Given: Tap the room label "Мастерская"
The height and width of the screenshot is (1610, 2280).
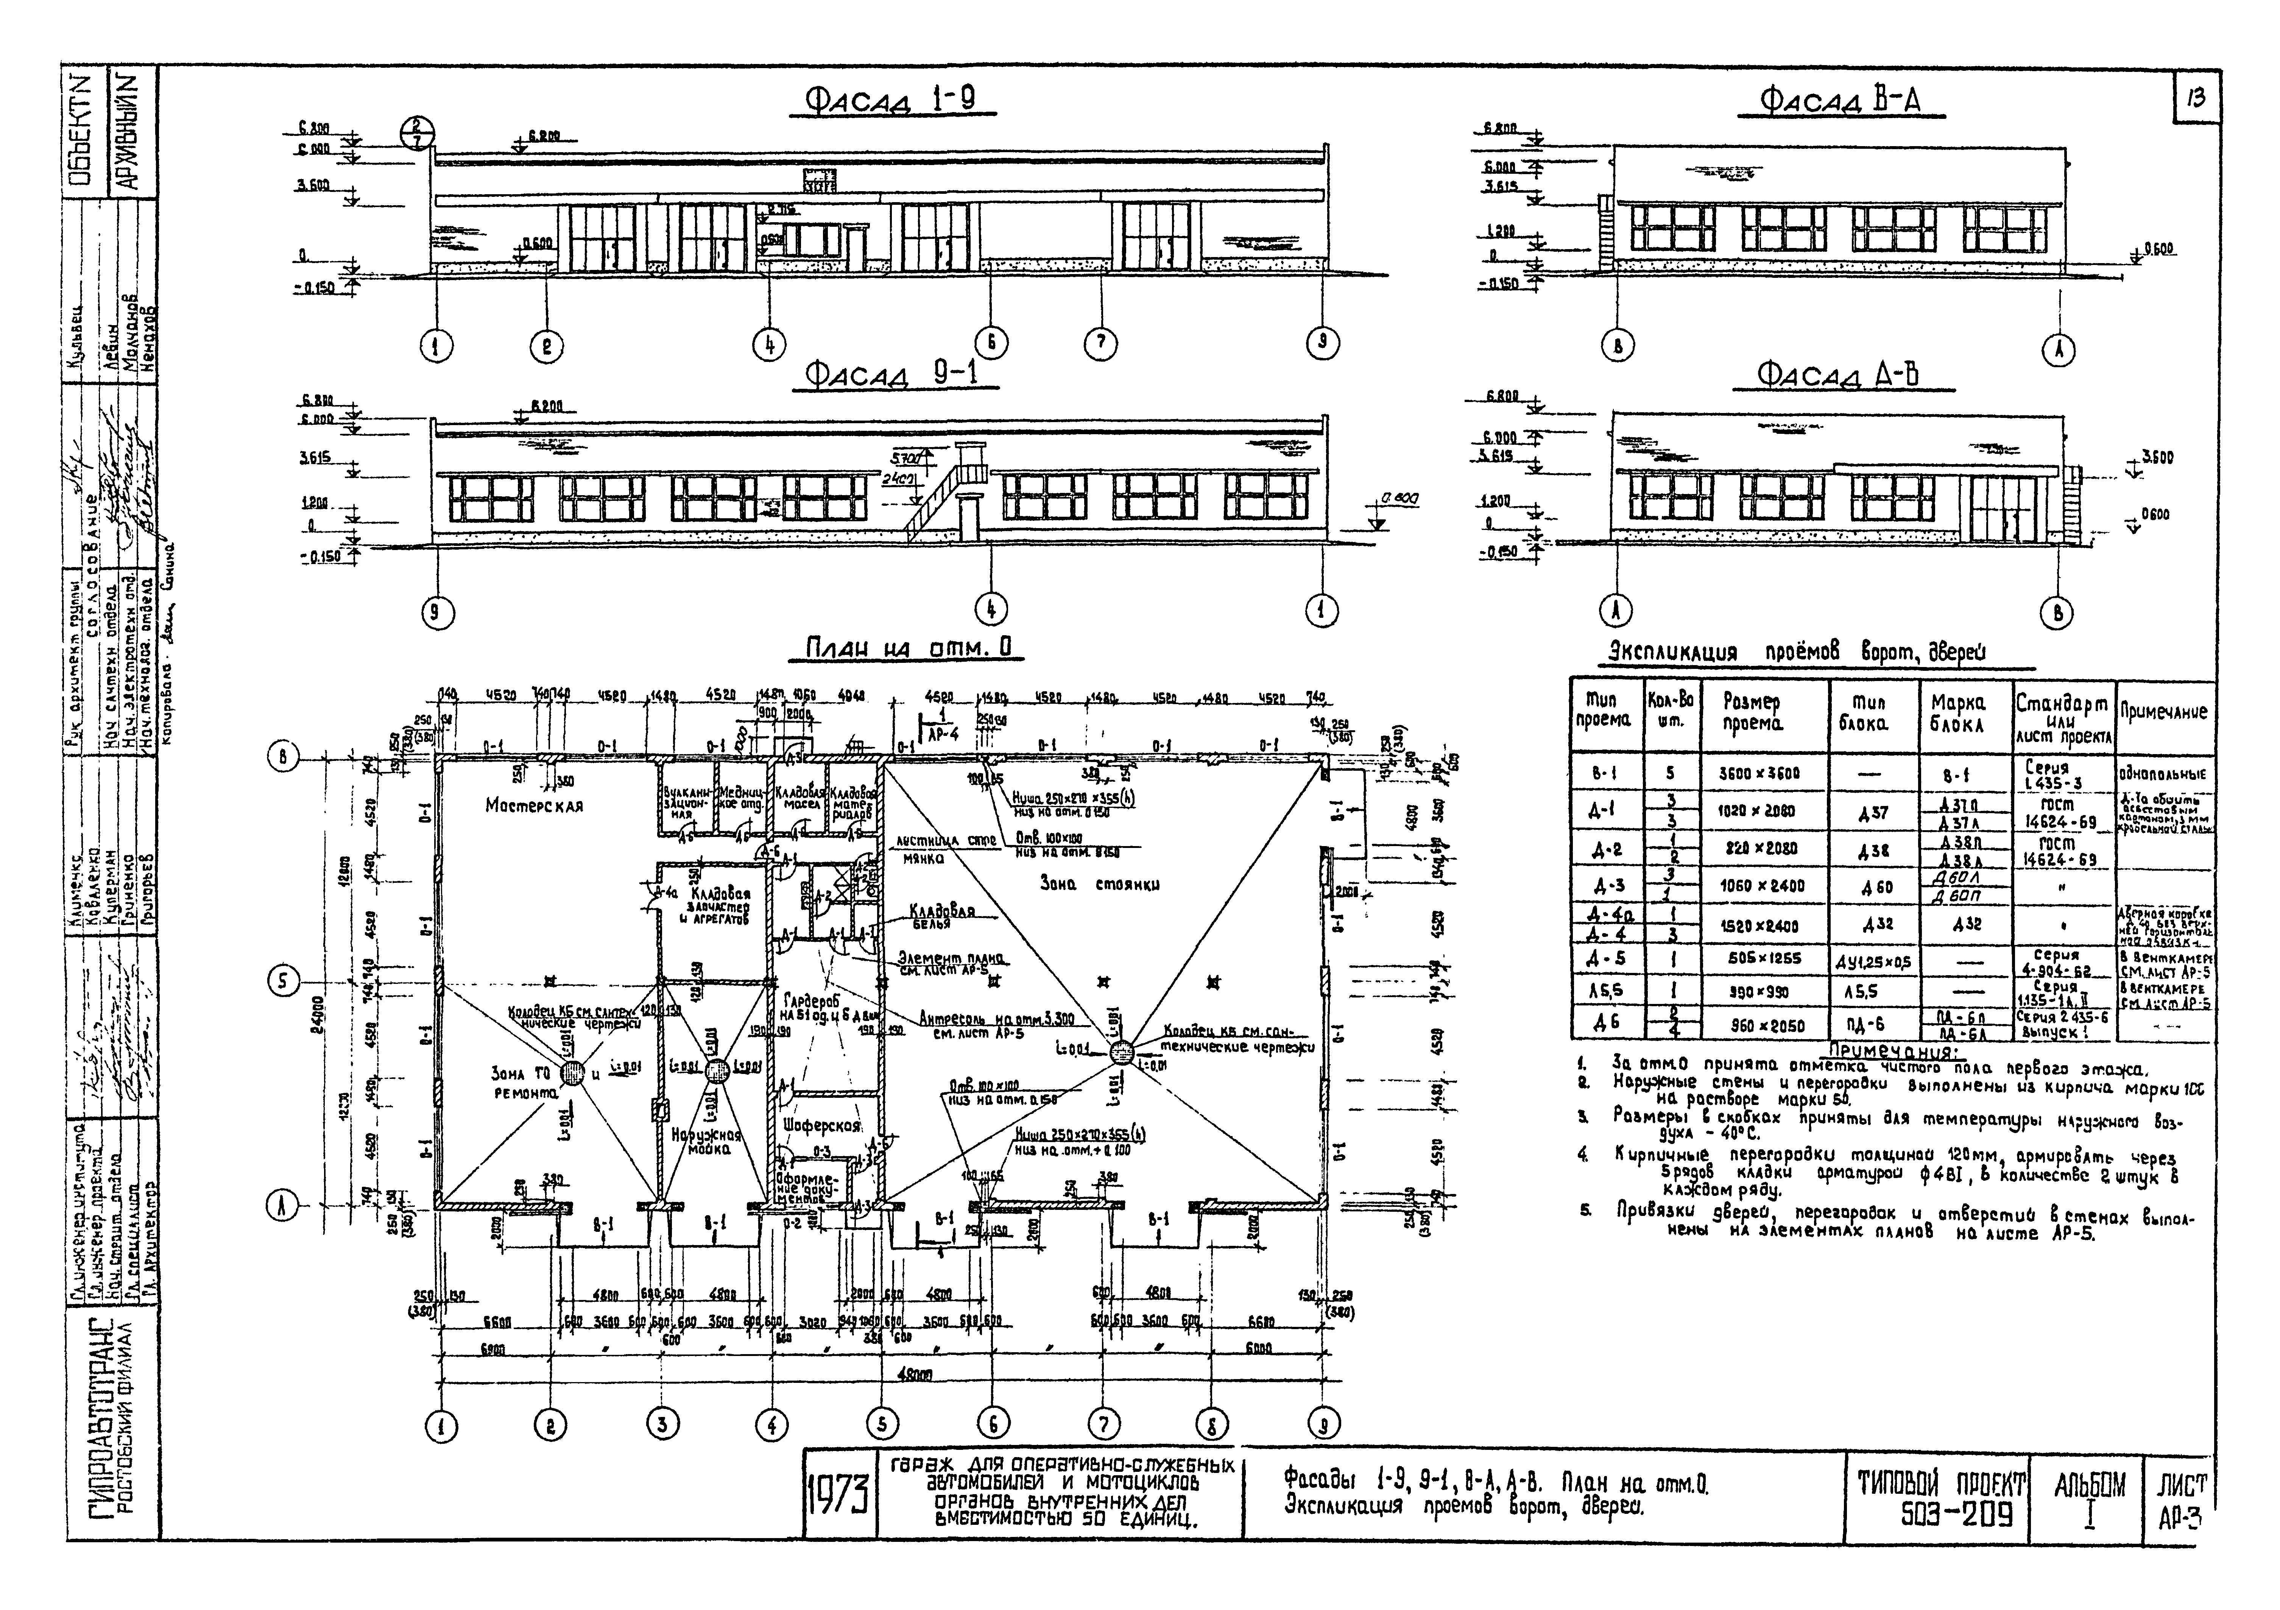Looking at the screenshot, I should (534, 806).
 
